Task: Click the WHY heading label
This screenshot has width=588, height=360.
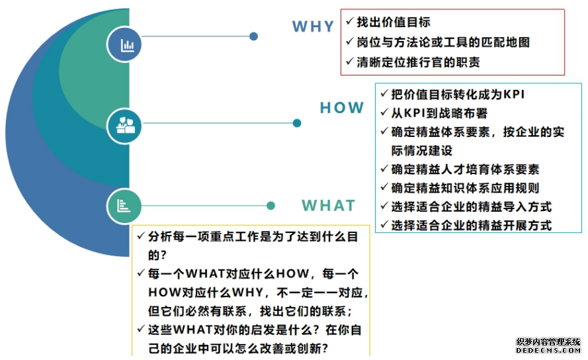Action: [313, 26]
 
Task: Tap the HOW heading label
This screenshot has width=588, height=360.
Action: [342, 108]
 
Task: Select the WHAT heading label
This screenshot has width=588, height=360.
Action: [329, 205]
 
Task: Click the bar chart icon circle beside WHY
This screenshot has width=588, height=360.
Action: [124, 44]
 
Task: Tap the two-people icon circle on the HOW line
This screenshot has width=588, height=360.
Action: [124, 126]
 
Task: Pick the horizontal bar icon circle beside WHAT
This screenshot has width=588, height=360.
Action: [124, 206]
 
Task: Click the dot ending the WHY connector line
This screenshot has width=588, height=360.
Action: [253, 36]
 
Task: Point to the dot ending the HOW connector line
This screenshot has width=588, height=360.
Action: [297, 123]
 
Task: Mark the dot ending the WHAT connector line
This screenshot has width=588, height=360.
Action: [271, 206]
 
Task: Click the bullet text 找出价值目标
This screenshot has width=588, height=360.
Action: [394, 22]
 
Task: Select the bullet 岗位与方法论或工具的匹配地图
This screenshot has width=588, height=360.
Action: [443, 42]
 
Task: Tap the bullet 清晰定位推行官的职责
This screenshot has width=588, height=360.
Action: [418, 62]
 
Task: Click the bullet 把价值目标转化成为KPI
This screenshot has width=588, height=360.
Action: [458, 94]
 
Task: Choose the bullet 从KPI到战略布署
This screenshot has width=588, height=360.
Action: [439, 113]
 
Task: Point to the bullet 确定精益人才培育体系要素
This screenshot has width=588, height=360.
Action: [465, 169]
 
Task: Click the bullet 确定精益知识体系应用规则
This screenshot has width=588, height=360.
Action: [465, 188]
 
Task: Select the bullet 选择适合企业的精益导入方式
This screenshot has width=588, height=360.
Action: [472, 207]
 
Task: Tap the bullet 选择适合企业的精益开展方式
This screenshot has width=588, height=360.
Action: [472, 226]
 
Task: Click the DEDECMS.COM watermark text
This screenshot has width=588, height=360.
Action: [548, 350]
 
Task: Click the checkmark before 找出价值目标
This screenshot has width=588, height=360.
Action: [350, 21]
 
